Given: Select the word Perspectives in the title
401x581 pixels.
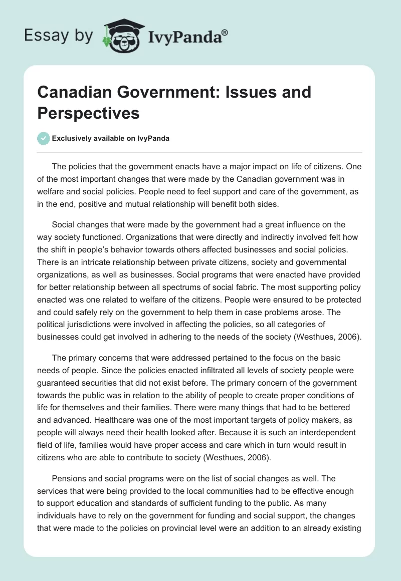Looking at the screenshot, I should [x=89, y=113].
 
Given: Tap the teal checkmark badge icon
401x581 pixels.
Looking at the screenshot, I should [x=44, y=138].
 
